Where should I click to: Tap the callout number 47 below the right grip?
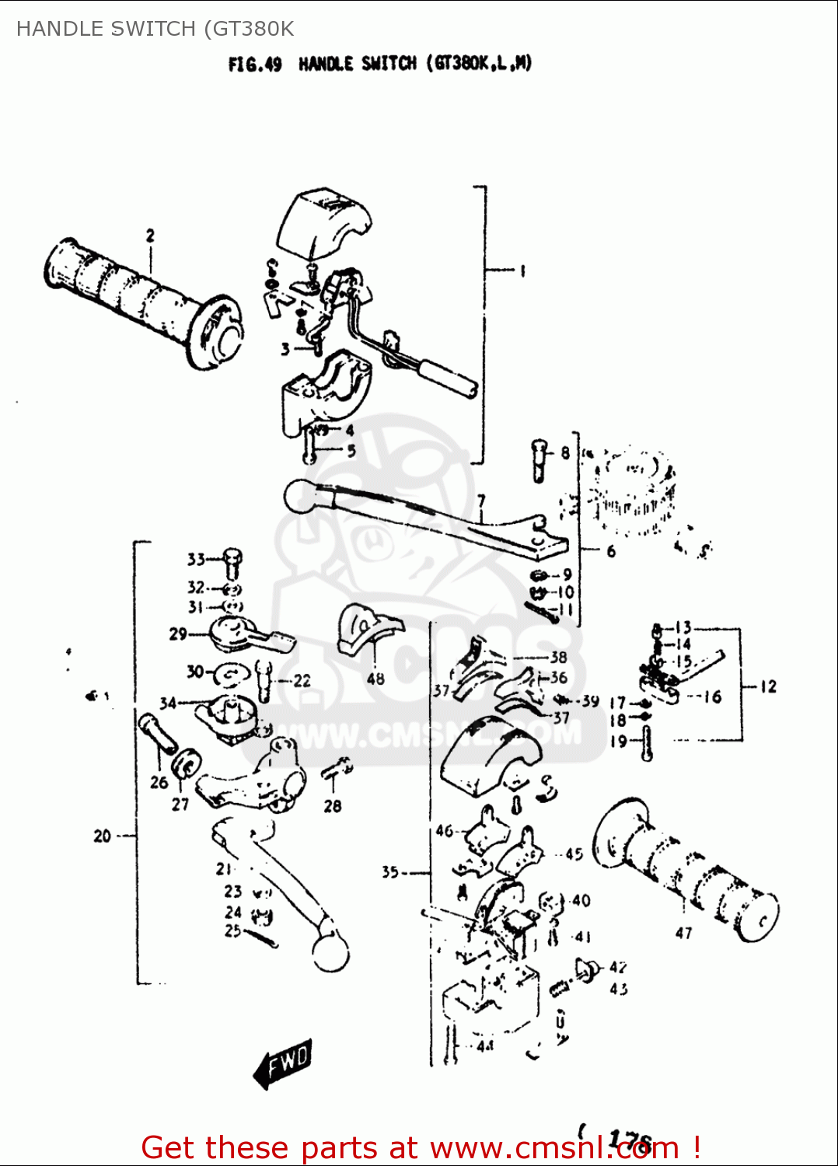tap(683, 933)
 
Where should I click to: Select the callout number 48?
tap(375, 679)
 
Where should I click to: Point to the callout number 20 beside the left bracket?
tap(102, 836)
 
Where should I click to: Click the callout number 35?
tap(390, 872)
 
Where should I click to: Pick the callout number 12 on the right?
tap(768, 686)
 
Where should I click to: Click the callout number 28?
tap(333, 806)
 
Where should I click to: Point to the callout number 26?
tap(159, 782)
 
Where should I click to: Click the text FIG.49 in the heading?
tap(255, 65)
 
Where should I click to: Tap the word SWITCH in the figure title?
tap(389, 64)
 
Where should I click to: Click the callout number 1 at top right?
tap(522, 271)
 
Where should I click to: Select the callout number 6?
tap(611, 550)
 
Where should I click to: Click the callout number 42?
tap(617, 967)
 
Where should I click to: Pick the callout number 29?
tap(177, 634)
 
